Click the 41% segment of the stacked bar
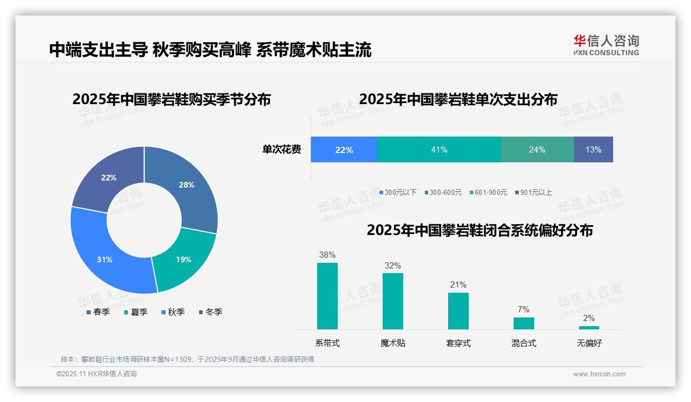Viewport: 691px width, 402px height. pyautogui.click(x=439, y=149)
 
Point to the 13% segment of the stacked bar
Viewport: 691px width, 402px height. pyautogui.click(x=593, y=149)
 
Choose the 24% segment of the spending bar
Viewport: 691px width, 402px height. pyautogui.click(x=537, y=149)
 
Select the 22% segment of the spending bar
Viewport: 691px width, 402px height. pyautogui.click(x=343, y=149)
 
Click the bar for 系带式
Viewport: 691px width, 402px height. pyautogui.click(x=327, y=296)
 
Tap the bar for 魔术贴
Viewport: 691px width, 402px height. pyautogui.click(x=393, y=301)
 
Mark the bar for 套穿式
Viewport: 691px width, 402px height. pyautogui.click(x=458, y=311)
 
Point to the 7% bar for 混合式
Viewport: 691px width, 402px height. pyautogui.click(x=523, y=323)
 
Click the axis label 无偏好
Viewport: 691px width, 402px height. pyautogui.click(x=589, y=343)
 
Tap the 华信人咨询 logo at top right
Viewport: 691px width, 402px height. pyautogui.click(x=606, y=45)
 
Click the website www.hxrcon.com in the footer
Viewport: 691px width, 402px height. pyautogui.click(x=599, y=374)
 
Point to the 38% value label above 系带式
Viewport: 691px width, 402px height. pyautogui.click(x=327, y=255)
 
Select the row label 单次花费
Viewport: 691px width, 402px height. pyautogui.click(x=282, y=149)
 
